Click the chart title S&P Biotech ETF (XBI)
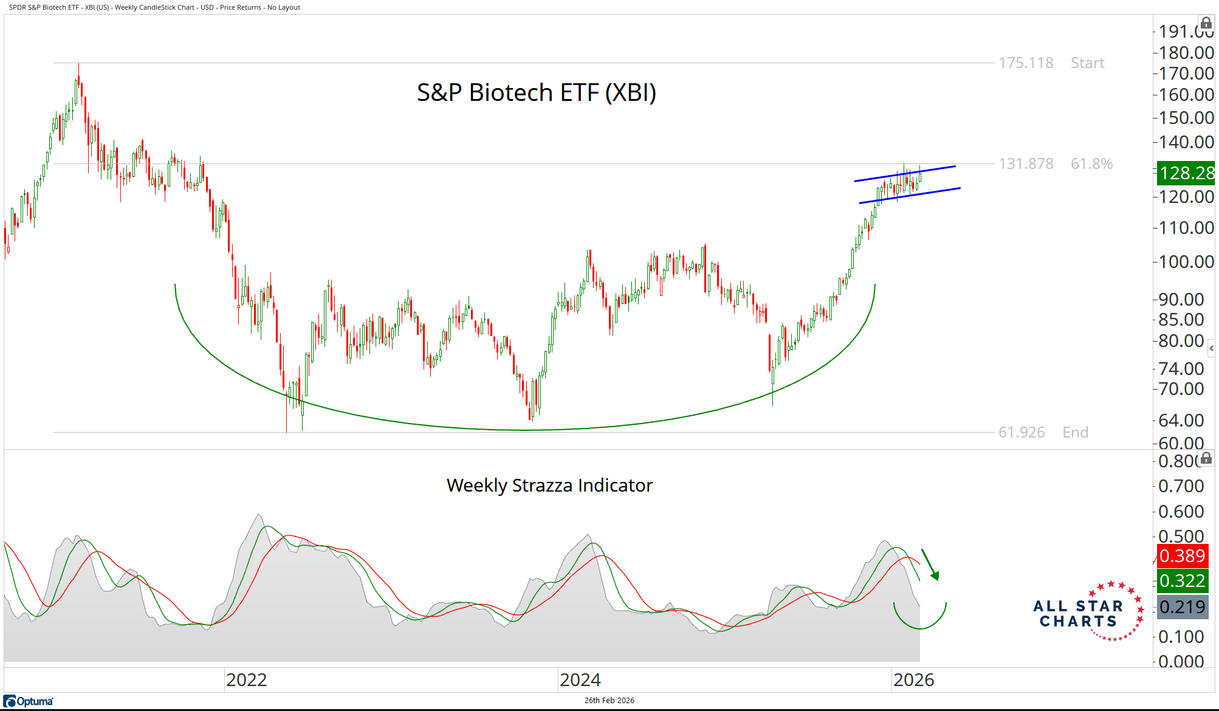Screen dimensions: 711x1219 coord(536,93)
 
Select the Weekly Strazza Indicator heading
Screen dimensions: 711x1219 coord(549,486)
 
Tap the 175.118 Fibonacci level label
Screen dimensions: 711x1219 coord(1026,63)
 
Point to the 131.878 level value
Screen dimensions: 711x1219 coord(1026,164)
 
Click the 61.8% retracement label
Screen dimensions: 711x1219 coord(1091,164)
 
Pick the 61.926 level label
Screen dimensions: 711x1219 coord(1022,433)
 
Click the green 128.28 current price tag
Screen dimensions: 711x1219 coord(1186,173)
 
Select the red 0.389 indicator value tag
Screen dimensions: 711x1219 coord(1182,556)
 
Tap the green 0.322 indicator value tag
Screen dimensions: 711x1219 coord(1182,581)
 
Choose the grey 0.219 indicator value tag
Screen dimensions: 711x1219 coord(1182,606)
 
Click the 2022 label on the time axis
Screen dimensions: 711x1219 coord(246,680)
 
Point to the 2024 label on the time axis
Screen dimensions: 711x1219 coord(580,680)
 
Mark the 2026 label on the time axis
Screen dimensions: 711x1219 coord(913,680)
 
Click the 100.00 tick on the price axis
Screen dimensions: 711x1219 coord(1186,262)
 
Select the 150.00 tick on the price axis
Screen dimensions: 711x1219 coord(1186,118)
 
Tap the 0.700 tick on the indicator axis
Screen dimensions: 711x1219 coord(1181,486)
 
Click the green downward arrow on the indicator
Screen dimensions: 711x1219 coord(930,565)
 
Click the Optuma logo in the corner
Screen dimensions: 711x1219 coord(29,701)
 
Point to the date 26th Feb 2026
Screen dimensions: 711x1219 coord(609,701)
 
